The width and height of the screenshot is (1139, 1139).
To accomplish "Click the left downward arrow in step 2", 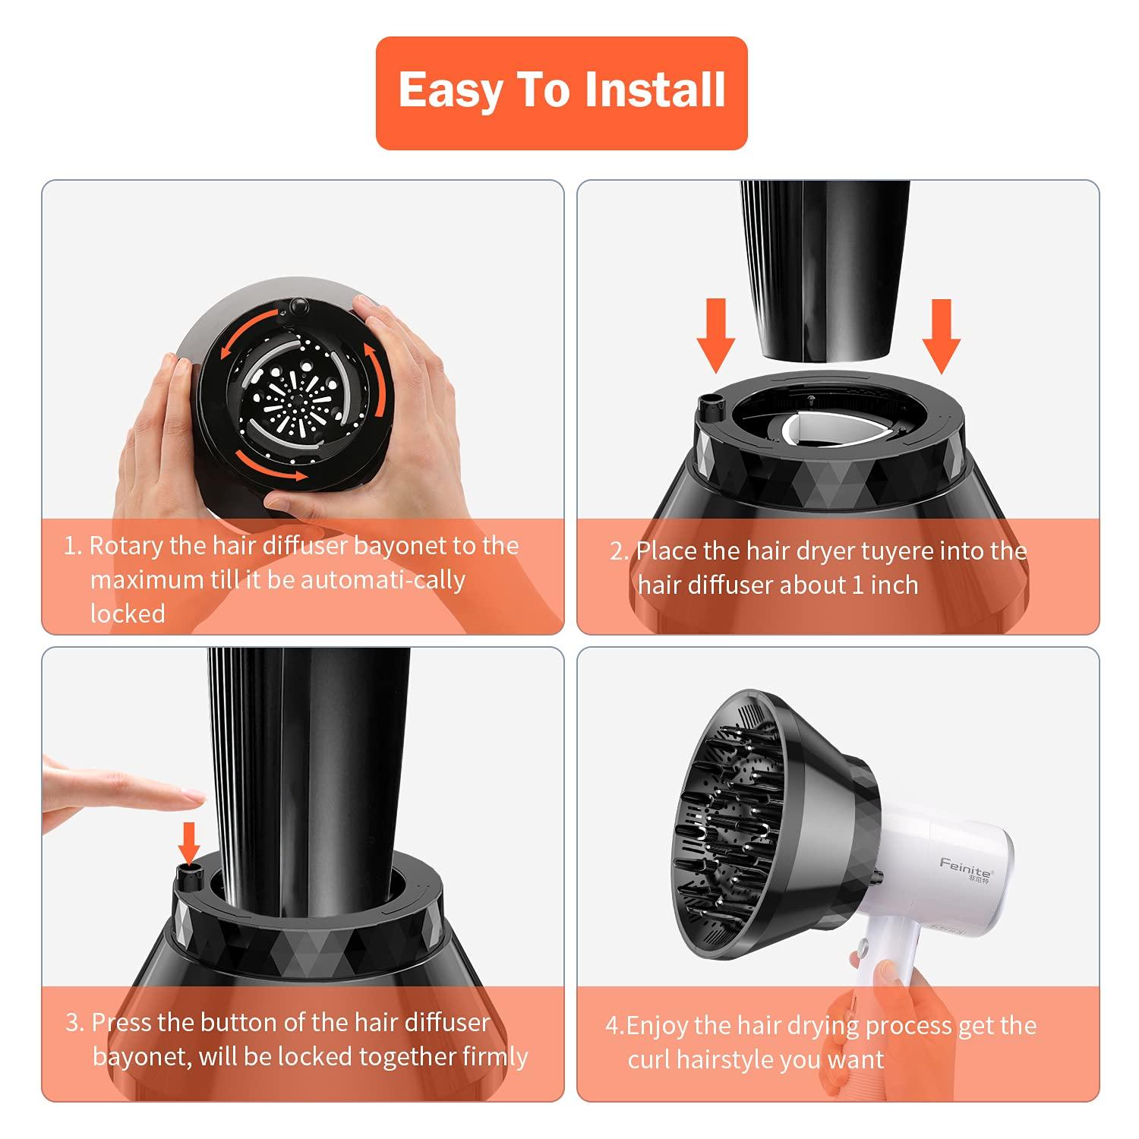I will tap(715, 335).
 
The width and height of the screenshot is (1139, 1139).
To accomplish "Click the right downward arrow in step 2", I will tap(941, 335).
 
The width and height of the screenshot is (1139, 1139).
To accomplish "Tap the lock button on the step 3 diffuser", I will tap(188, 875).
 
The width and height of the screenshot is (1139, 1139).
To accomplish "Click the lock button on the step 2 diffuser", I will tap(709, 409).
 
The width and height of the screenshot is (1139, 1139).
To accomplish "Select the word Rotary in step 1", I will tap(125, 546).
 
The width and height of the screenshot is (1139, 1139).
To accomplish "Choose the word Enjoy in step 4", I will tap(658, 1026).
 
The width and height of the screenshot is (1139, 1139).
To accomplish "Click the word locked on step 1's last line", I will tap(128, 614).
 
